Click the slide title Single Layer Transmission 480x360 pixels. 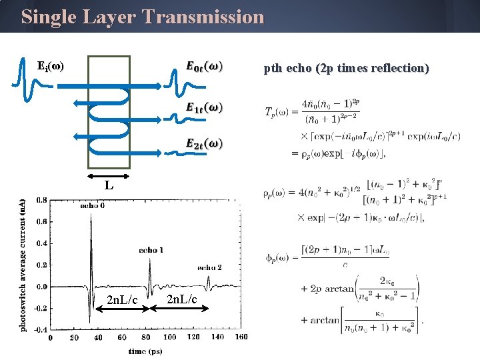click(143, 17)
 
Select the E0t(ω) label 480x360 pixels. click(205, 67)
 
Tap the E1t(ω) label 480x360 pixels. click(205, 107)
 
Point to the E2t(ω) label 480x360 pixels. click(205, 143)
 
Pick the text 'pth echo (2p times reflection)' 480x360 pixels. click(346, 68)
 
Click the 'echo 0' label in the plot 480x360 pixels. click(92, 206)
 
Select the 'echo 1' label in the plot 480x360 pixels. click(151, 250)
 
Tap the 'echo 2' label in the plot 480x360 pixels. click(210, 267)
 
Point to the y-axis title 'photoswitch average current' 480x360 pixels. click(23, 265)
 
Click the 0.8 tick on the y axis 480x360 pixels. click(41, 200)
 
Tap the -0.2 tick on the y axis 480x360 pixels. click(39, 308)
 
